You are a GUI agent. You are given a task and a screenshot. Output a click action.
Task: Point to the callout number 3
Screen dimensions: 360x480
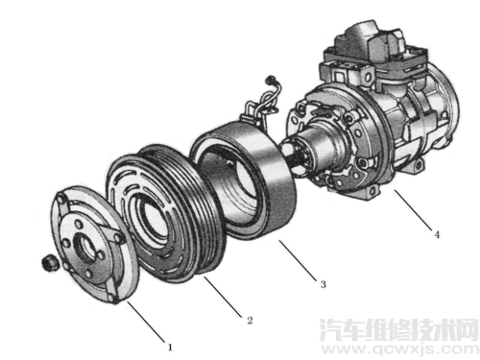[323, 284]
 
